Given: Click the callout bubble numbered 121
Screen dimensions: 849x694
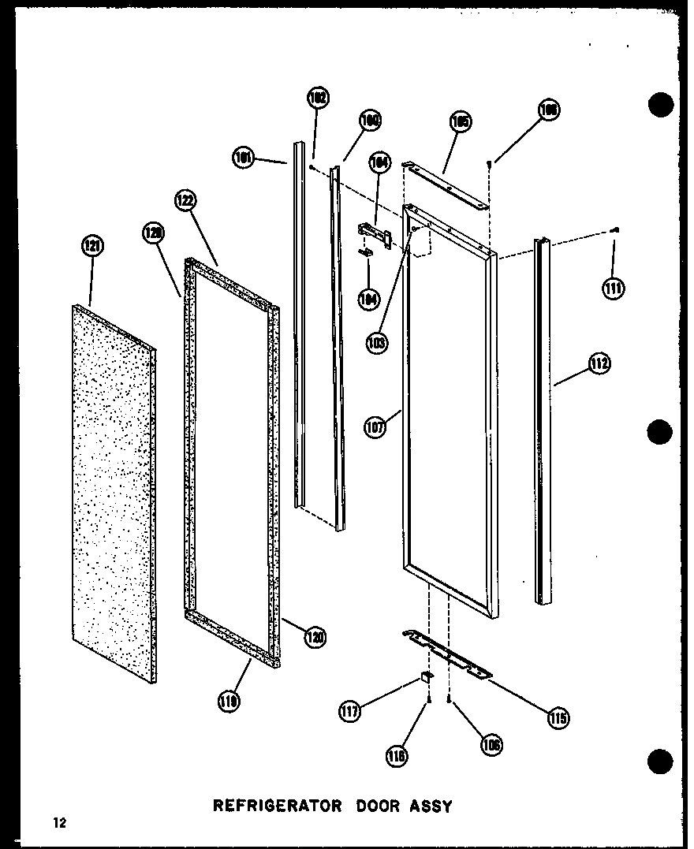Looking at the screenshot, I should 92,247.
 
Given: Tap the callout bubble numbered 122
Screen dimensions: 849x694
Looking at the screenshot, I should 185,200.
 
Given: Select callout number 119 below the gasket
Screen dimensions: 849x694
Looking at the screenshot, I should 231,699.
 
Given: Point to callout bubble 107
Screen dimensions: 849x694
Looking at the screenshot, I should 375,428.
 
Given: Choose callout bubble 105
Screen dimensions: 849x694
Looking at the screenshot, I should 461,121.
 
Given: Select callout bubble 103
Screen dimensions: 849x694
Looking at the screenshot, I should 377,343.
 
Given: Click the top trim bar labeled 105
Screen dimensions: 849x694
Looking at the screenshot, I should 446,182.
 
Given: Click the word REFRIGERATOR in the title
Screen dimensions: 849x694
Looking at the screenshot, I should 278,806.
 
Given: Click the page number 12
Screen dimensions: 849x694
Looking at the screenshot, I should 60,824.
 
